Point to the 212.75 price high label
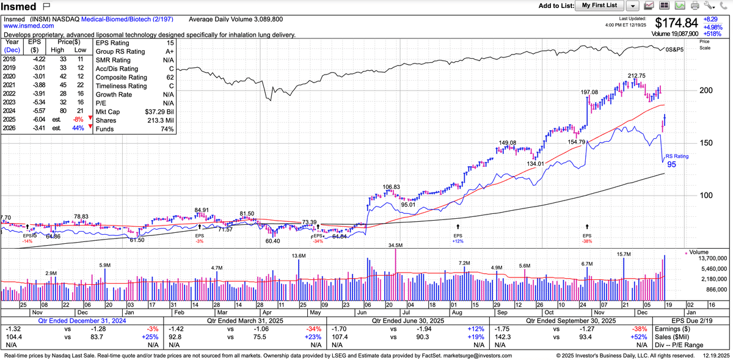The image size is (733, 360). tap(636, 75)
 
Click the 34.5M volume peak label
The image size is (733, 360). tap(396, 245)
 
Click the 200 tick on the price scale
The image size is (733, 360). tap(706, 90)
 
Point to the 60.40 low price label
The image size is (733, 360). tap(272, 241)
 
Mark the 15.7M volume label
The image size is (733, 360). tap(624, 254)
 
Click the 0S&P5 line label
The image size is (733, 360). tap(675, 49)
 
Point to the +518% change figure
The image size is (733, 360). tap(713, 35)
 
